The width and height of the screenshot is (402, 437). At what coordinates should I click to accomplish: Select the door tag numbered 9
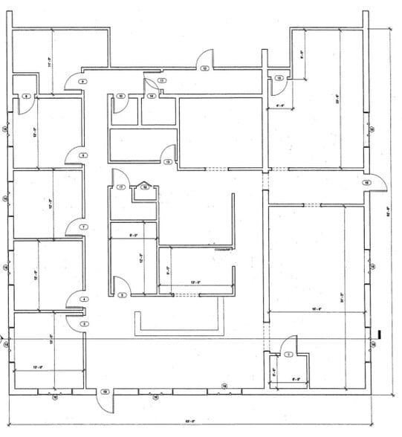pyautogui.click(x=83, y=80)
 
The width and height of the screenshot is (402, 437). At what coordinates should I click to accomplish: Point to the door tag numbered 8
pyautogui.click(x=84, y=155)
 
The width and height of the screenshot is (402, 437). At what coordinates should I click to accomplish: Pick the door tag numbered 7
pyautogui.click(x=84, y=226)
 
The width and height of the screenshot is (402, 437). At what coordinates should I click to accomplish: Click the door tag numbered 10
pyautogui.click(x=120, y=96)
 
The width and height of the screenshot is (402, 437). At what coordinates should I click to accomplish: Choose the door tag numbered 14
pyautogui.click(x=151, y=96)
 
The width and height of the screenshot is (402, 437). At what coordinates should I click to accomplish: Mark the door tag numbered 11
pyautogui.click(x=161, y=80)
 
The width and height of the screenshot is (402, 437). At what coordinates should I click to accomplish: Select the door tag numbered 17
pyautogui.click(x=120, y=187)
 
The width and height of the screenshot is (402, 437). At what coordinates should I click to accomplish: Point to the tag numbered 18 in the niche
pyautogui.click(x=145, y=187)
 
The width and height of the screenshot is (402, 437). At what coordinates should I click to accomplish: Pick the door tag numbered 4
pyautogui.click(x=84, y=300)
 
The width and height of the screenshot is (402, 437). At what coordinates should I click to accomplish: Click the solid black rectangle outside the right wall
pyautogui.click(x=380, y=334)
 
